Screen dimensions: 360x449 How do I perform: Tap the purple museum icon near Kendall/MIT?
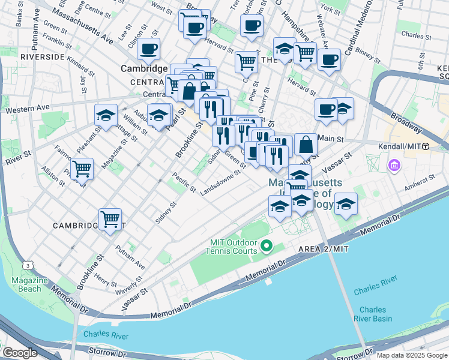(394, 164)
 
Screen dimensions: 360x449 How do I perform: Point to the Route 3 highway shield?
(27, 265)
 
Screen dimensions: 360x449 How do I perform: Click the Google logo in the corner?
(20, 353)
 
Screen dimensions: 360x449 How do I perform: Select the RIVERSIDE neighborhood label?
(42, 56)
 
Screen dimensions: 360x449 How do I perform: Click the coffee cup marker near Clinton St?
(148, 49)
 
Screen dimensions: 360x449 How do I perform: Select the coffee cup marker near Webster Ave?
(329, 59)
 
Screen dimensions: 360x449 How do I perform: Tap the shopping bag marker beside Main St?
(306, 144)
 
